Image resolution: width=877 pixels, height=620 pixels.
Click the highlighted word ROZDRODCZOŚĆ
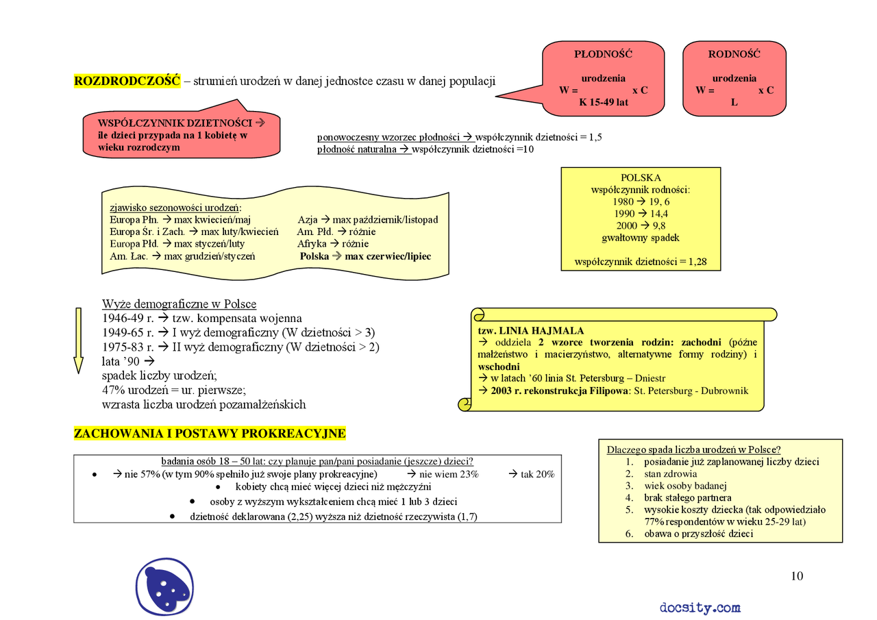tap(127, 81)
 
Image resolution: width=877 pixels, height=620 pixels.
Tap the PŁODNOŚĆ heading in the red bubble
tap(603, 54)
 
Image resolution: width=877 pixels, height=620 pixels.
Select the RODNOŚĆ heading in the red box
tap(734, 54)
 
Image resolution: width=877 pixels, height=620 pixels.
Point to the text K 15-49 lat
tap(604, 102)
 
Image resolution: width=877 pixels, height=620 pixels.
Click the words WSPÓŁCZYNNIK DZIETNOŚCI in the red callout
tap(175, 123)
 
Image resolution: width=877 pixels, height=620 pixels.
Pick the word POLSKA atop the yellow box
tap(641, 177)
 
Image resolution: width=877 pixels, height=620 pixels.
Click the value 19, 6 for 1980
tap(659, 202)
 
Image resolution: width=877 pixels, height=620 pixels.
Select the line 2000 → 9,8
tap(641, 226)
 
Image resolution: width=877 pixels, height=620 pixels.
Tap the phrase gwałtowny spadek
tap(641, 238)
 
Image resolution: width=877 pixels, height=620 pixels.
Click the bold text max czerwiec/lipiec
tap(388, 256)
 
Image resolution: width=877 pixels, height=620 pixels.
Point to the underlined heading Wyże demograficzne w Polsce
tap(179, 303)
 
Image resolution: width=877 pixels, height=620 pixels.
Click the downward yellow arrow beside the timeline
tap(78, 340)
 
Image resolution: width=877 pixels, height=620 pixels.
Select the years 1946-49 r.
tap(128, 318)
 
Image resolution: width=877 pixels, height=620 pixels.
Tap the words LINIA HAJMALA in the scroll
tap(541, 331)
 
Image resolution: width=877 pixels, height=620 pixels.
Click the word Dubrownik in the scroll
tap(724, 390)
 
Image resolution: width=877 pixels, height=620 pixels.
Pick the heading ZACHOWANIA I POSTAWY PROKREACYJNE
tap(210, 433)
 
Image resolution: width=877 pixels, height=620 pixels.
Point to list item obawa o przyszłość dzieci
tap(698, 534)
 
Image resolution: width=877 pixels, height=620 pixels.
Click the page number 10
tap(797, 575)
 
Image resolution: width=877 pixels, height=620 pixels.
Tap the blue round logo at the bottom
tap(164, 586)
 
